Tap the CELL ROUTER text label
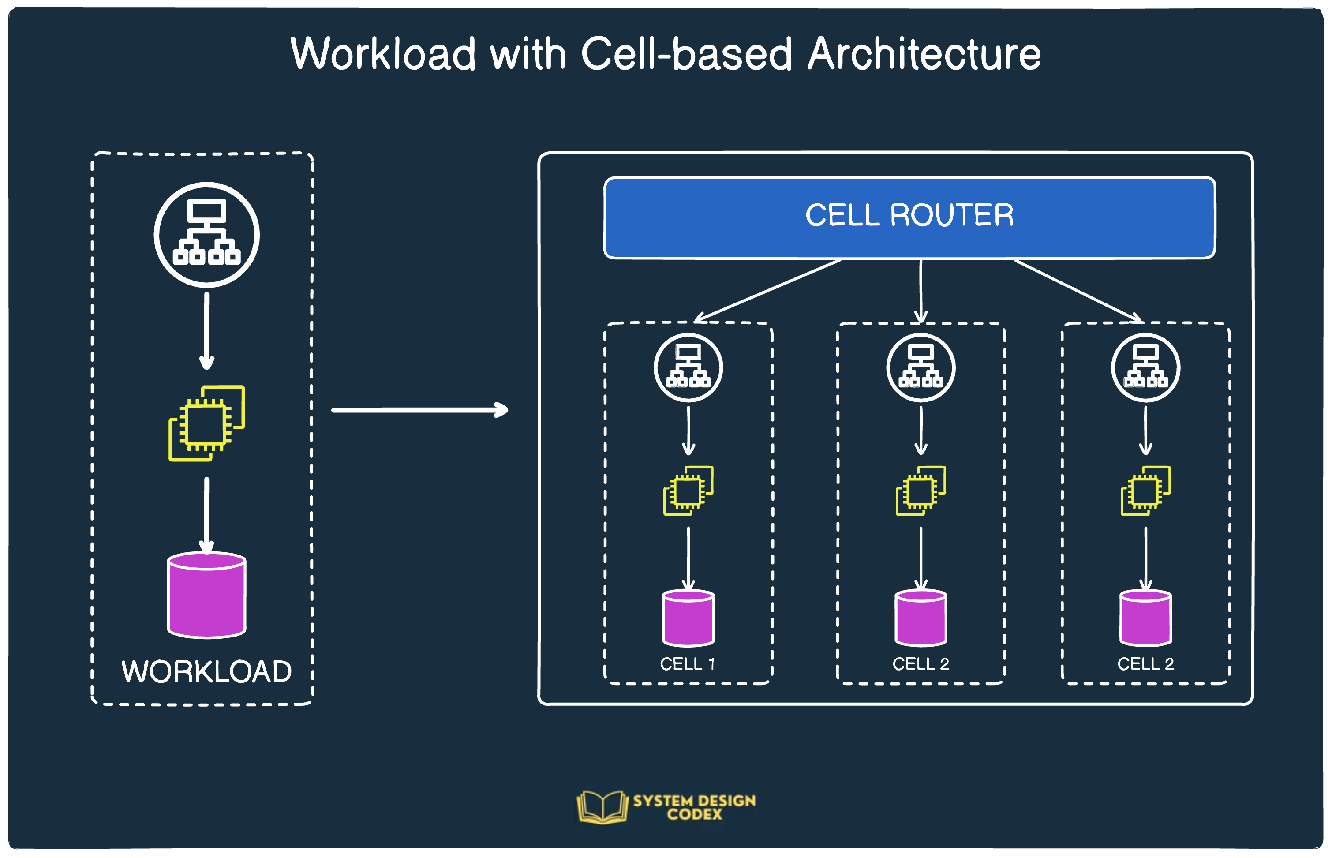tap(909, 216)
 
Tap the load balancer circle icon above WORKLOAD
tap(207, 235)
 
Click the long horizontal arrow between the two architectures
tap(419, 410)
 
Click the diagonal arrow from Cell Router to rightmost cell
tap(1078, 291)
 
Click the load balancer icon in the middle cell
tap(920, 368)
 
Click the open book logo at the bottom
tap(602, 806)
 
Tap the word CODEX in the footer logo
tap(694, 814)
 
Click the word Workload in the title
tap(383, 54)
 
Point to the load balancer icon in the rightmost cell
tap(1145, 368)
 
